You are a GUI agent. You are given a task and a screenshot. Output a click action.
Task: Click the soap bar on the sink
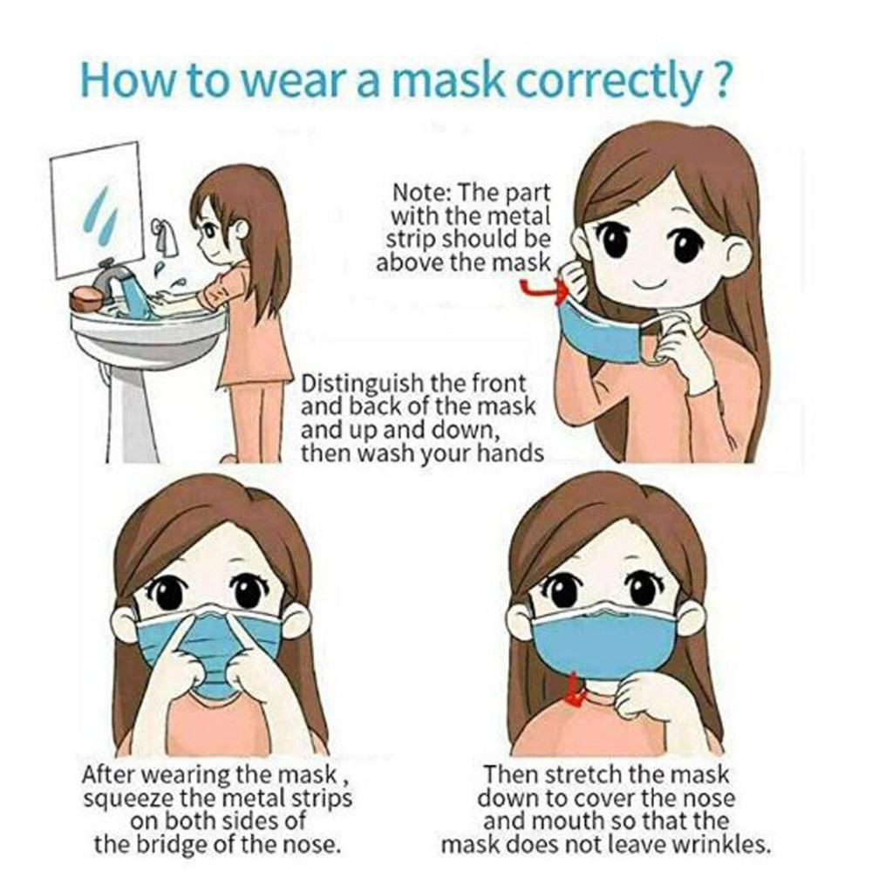pyautogui.click(x=85, y=300)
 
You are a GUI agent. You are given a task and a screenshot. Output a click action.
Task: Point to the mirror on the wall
pyautogui.click(x=97, y=209)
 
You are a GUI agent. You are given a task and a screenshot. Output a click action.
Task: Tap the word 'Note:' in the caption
pyautogui.click(x=421, y=194)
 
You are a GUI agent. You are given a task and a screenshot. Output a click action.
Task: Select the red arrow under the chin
pyautogui.click(x=575, y=691)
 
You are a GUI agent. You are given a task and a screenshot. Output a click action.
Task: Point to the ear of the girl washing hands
pyautogui.click(x=242, y=228)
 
